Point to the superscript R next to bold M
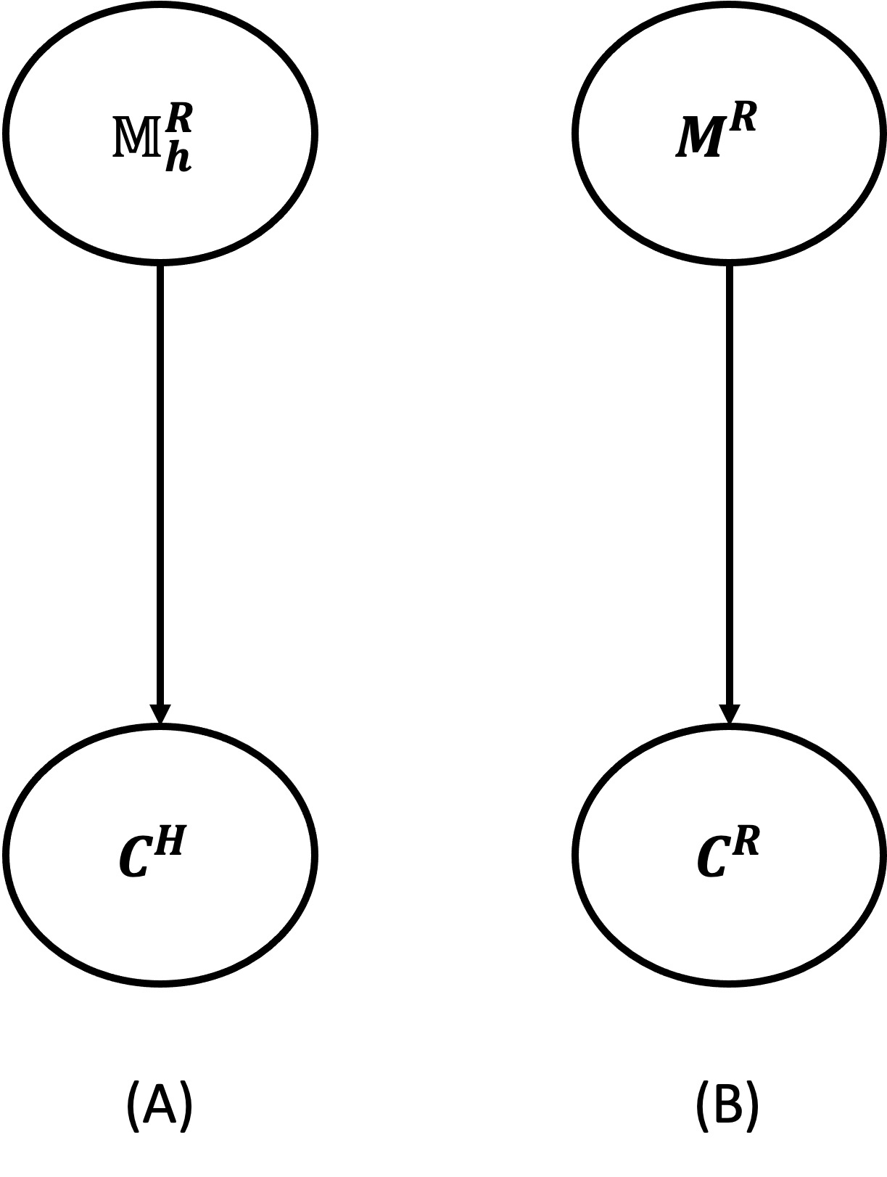743,118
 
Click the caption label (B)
727,1105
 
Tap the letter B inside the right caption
727,1104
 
